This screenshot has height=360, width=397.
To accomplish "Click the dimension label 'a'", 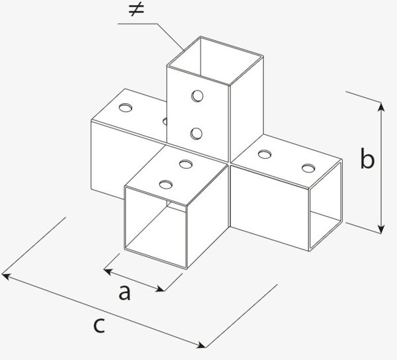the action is coord(124,292).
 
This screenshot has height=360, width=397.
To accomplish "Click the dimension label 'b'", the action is coord(367,158).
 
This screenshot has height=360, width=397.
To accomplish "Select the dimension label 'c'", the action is coord(99,326).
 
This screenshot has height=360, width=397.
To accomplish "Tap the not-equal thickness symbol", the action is coord(136,10).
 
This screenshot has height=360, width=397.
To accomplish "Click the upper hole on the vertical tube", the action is coord(197,96).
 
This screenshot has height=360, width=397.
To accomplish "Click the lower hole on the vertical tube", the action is coord(197,134).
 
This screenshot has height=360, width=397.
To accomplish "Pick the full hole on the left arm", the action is coord(125,108).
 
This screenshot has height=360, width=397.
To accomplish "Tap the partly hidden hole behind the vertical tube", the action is coord(165,121).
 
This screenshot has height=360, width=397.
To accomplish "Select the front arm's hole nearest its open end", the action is coord(166,185).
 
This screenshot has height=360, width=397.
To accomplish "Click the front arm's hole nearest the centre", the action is coord(186,164).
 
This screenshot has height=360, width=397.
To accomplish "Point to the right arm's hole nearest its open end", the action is coord(308,168).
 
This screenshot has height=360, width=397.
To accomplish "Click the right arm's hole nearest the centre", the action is coord(265,154).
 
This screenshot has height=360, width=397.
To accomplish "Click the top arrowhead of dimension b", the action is coord(381,107).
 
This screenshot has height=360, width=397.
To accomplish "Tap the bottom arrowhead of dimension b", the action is coord(381,228).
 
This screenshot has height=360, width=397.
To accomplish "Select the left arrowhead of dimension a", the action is coord(108,271).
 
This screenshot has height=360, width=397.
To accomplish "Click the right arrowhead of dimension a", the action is coord(161,289).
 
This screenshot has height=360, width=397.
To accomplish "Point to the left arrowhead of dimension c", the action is coord(5,276).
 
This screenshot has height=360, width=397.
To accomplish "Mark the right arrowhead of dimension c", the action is coord(202,345).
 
